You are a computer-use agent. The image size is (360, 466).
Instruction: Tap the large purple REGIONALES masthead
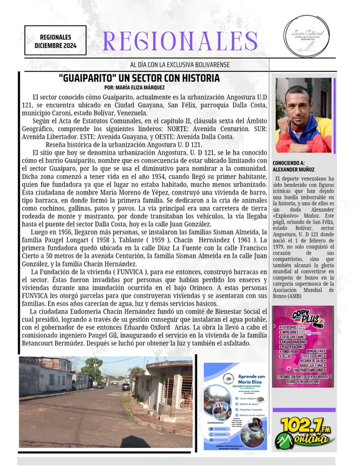[180, 42]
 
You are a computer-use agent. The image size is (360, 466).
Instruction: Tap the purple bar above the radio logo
[303, 410]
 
